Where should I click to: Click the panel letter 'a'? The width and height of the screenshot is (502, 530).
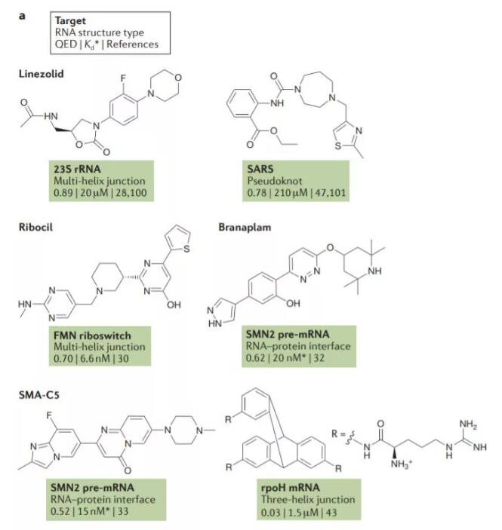click(x=22, y=17)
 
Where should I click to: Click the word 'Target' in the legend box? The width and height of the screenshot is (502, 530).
click(x=70, y=21)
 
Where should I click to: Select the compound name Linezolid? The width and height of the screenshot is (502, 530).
click(x=42, y=74)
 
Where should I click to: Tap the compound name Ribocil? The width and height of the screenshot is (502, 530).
click(x=36, y=227)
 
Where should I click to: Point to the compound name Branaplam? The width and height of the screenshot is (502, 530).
click(x=245, y=227)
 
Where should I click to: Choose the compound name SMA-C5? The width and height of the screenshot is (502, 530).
click(x=39, y=395)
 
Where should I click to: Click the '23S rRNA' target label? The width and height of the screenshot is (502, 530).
click(x=77, y=169)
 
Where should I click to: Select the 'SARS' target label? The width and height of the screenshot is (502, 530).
click(x=260, y=169)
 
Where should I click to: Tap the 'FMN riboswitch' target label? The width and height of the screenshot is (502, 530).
click(x=92, y=335)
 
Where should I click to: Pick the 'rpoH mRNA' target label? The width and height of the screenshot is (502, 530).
click(x=290, y=488)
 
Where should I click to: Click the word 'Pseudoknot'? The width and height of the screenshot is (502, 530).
click(x=275, y=181)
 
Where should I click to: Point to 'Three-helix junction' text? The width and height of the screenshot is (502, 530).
click(x=308, y=500)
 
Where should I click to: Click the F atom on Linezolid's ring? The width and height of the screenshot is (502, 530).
click(x=123, y=78)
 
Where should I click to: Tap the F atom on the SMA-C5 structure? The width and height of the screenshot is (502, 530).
click(x=50, y=415)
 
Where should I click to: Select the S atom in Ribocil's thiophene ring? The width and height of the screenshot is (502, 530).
click(x=186, y=249)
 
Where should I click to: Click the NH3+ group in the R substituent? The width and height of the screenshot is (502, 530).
click(x=401, y=464)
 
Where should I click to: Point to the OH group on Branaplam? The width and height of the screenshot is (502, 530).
click(x=293, y=303)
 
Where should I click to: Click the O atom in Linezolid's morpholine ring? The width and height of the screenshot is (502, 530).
click(x=178, y=78)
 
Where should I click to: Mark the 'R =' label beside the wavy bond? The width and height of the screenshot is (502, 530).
click(x=337, y=434)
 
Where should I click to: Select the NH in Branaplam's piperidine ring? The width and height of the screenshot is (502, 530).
click(x=374, y=271)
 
